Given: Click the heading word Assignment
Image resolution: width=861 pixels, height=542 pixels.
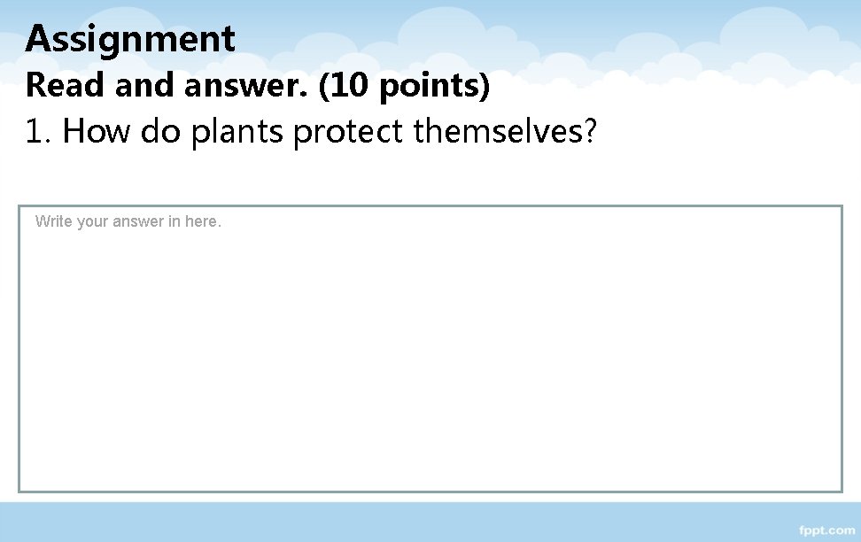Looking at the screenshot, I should coord(130,40).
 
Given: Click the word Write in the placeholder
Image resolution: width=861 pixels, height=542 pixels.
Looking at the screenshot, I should coord(53,221).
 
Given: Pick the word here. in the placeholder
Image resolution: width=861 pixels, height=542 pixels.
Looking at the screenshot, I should coord(203,221).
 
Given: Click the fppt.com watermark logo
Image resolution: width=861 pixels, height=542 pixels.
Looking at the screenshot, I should coord(826,530).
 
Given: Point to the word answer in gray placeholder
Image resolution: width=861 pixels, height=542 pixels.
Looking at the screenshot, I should coord(139,222).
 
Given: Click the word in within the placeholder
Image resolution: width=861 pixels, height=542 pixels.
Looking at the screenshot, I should coord(174,221).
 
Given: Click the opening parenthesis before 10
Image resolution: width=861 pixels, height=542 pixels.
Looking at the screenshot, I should coord(323,87).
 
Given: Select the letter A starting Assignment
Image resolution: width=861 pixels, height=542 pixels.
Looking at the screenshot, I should coord(37,39).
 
